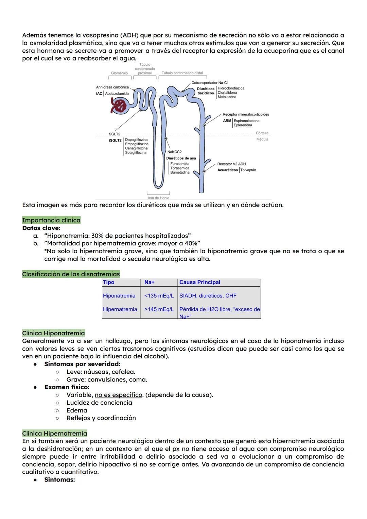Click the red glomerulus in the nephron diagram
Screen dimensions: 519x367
coord(119,106)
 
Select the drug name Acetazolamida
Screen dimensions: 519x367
coord(117,94)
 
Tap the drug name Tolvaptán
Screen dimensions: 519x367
coord(248,170)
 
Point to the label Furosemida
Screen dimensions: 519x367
coord(180,164)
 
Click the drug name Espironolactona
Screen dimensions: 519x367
coord(246,121)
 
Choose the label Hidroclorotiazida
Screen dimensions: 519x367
coord(231,88)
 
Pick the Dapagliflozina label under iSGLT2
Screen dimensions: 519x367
coord(136,140)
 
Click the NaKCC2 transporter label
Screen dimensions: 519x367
coord(174,152)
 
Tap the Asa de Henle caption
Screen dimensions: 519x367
coord(158,198)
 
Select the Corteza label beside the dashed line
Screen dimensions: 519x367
coord(262,133)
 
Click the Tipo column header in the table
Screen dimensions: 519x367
coord(109,282)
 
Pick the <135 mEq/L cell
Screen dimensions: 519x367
coord(159,296)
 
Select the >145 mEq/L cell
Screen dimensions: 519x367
coord(159,309)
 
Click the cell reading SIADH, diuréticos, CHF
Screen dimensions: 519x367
coord(208,296)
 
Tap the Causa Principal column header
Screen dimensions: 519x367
coord(199,282)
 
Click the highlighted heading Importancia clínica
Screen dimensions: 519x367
coord(51,220)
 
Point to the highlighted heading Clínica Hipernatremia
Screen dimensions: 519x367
coord(54,433)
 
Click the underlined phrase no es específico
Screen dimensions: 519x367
coord(118,395)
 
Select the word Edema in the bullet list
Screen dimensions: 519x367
coord(77,410)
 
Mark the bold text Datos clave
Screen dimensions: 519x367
coord(41,228)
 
